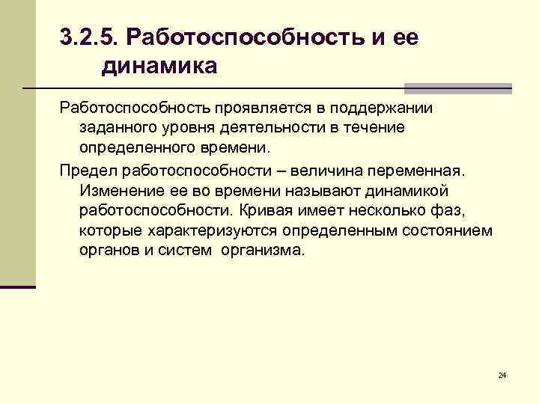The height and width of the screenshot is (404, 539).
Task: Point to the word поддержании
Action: click(385, 108)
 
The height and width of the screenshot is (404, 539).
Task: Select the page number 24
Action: click(502, 374)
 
